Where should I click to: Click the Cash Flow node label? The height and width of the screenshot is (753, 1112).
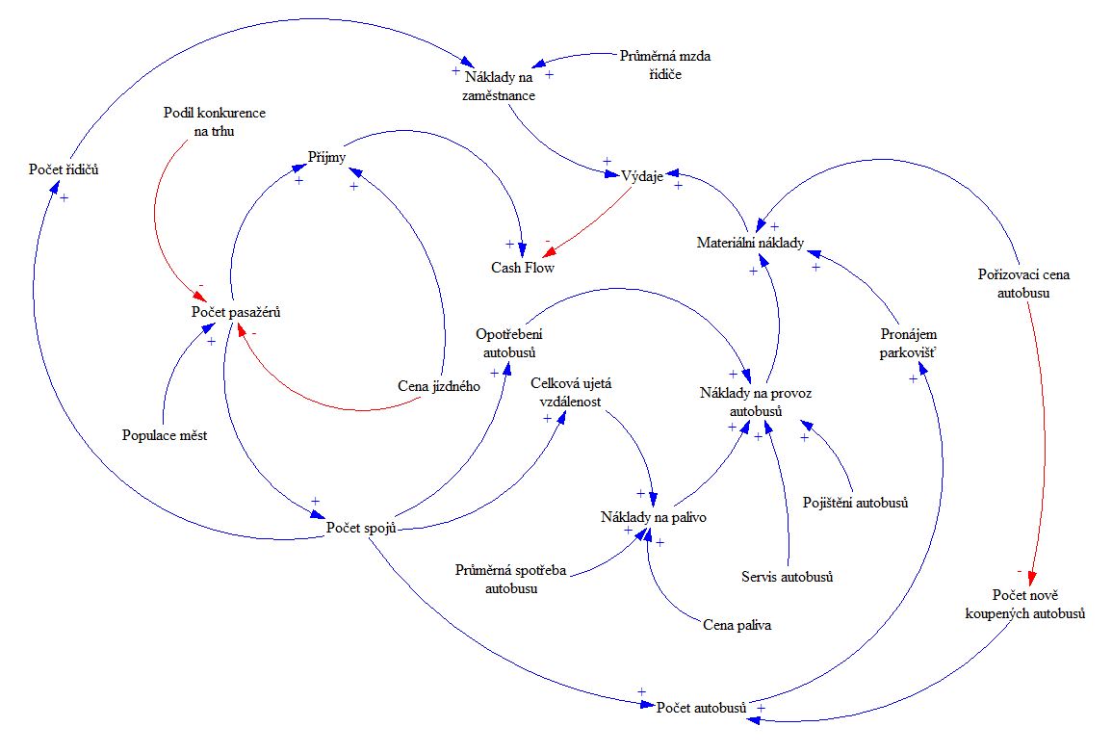(x=523, y=268)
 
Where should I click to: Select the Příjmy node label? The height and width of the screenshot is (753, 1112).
(x=326, y=156)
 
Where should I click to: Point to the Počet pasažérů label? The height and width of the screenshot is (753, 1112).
(x=236, y=312)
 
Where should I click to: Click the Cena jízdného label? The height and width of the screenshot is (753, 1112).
(x=439, y=386)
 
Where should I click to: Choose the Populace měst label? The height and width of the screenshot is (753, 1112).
(x=165, y=434)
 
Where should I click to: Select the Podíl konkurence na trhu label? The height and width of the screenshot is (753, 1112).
(x=213, y=122)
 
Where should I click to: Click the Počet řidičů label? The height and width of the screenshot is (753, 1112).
(x=65, y=170)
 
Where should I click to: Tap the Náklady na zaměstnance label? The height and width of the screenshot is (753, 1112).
(x=500, y=86)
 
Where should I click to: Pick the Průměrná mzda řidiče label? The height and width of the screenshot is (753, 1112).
(x=665, y=65)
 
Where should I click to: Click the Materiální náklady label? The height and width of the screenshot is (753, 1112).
(x=750, y=243)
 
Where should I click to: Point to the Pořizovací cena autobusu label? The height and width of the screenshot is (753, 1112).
(x=1022, y=283)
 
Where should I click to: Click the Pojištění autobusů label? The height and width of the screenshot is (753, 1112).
(x=856, y=502)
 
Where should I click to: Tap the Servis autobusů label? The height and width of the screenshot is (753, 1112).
(x=787, y=577)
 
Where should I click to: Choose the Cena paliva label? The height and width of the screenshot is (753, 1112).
(x=737, y=625)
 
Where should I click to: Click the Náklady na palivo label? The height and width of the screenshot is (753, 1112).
(x=654, y=518)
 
